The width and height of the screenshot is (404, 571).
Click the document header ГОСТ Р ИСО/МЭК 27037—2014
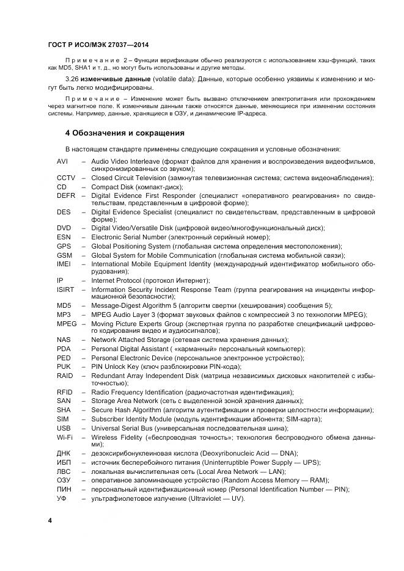[98, 45]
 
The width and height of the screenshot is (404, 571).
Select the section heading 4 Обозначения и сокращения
[125, 133]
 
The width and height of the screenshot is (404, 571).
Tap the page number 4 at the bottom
[50, 520]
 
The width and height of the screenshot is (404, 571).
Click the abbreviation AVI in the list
[62, 161]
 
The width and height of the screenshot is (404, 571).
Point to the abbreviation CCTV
[66, 178]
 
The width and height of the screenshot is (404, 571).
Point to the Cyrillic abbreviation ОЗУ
[64, 481]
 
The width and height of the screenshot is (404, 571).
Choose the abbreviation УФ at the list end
[61, 498]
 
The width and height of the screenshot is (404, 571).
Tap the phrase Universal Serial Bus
[120, 429]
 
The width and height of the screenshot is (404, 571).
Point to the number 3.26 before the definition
[73, 79]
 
